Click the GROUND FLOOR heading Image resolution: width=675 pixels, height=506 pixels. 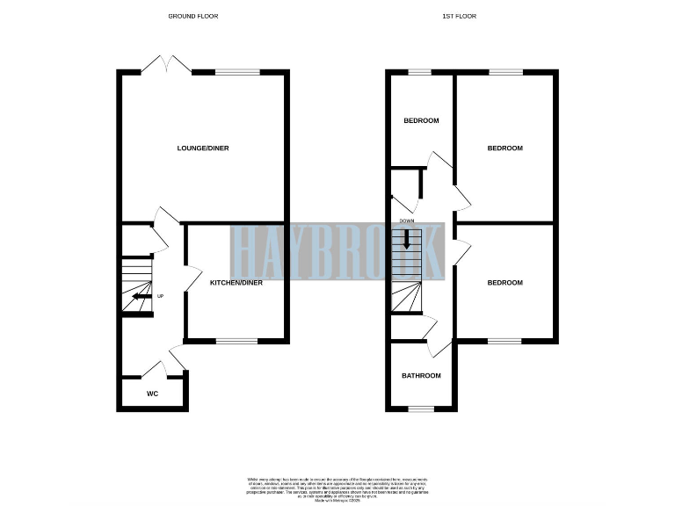pos(192,16)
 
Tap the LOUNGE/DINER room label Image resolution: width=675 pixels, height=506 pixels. pos(202,148)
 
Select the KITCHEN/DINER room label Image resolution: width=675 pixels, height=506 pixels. pos(236,283)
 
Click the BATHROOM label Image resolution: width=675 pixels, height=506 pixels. pos(421,376)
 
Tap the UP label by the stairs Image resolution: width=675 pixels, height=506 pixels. pos(160,296)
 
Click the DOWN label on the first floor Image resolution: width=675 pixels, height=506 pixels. pos(406,220)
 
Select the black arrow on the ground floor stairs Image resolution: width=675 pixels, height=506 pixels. pos(141,297)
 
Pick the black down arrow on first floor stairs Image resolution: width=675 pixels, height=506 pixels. pos(407,239)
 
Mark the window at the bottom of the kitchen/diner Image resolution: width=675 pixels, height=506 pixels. pos(236,340)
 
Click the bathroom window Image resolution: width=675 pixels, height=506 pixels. pos(421,408)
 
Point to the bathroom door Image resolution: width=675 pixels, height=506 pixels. pos(432,343)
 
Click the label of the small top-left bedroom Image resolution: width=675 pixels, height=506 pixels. pos(421,121)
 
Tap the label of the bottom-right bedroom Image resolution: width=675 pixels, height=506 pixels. pos(504,283)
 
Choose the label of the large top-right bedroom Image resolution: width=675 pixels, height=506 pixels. pos(504,148)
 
